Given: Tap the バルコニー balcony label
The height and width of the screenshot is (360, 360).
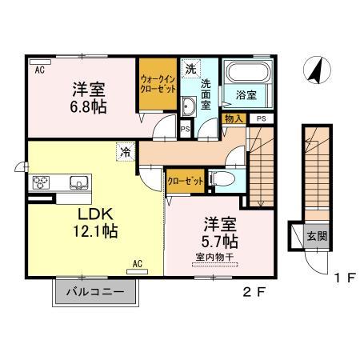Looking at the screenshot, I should [x=95, y=291].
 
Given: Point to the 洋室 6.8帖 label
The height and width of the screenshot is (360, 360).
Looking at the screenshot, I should [x=86, y=96].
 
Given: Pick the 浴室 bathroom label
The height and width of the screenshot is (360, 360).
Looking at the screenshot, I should [x=247, y=95].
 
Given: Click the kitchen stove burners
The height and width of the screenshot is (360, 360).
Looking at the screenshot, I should [x=41, y=182].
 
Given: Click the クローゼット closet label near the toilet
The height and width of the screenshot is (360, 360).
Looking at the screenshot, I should [x=184, y=181].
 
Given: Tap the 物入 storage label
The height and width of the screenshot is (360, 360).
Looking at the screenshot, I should [x=234, y=118].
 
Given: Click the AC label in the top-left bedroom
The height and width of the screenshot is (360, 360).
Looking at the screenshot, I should [x=38, y=70].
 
